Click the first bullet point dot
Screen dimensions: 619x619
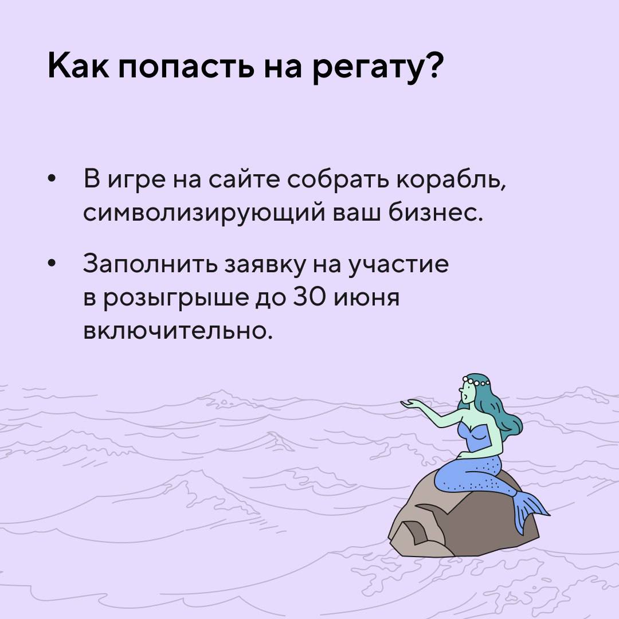(x=52, y=179)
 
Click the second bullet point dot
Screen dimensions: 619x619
(x=52, y=264)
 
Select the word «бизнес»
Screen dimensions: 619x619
(x=435, y=213)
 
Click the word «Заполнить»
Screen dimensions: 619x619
(x=150, y=264)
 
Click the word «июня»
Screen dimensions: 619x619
(x=367, y=299)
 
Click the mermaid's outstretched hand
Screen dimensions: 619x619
(x=410, y=404)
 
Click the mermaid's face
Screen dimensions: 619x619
(x=467, y=393)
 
